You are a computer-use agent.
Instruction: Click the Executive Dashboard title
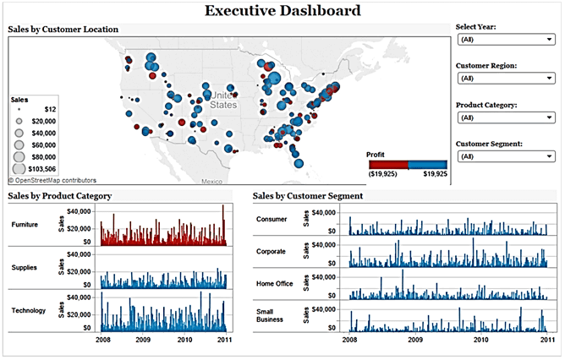(x=282, y=11)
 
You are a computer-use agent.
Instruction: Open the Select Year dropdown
(x=505, y=39)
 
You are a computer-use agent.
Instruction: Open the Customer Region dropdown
(x=505, y=78)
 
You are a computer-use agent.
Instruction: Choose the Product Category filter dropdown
(x=505, y=117)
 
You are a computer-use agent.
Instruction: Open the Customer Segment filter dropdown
(x=505, y=156)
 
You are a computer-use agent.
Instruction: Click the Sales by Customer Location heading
(x=63, y=30)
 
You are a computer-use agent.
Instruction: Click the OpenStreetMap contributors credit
(x=52, y=180)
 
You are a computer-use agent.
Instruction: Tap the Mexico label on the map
(x=211, y=182)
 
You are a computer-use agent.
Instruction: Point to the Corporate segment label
(x=272, y=251)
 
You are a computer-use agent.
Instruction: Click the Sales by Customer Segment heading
(x=308, y=196)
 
